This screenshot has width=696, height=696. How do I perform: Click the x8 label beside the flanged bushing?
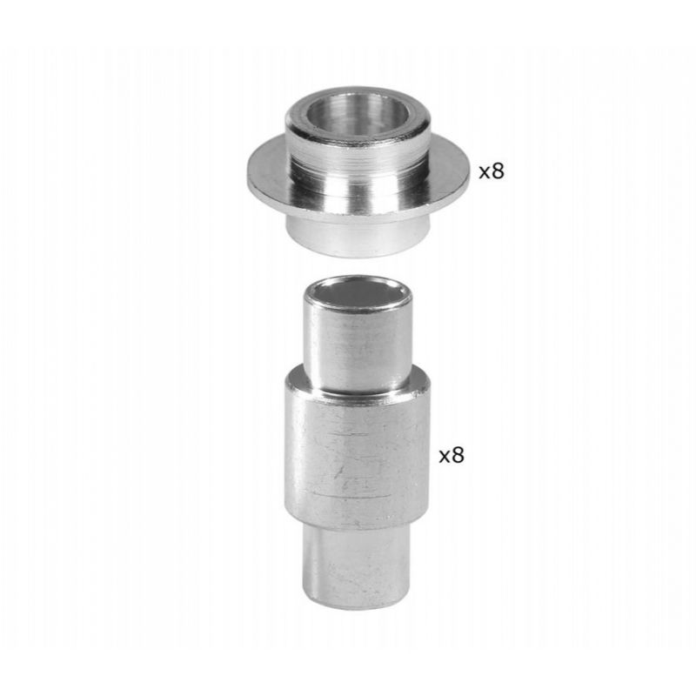pos(492,171)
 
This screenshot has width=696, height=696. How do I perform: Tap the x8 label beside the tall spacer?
pos(452,454)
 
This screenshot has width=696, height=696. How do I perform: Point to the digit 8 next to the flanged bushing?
pos(498,171)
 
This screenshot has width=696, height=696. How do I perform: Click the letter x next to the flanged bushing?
pos(485,172)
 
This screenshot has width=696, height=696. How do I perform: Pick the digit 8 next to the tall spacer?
pos(458,454)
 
